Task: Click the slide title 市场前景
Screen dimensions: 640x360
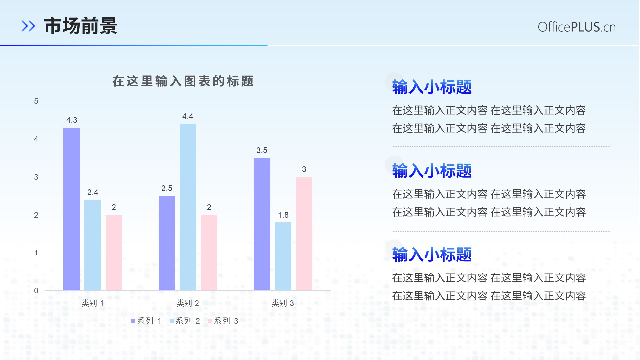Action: tap(80, 26)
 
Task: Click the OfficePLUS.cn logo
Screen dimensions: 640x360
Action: tap(577, 27)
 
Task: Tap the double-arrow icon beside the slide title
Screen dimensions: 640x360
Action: tap(28, 26)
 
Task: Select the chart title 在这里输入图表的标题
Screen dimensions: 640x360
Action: tap(183, 81)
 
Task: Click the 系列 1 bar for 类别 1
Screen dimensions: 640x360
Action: tap(72, 209)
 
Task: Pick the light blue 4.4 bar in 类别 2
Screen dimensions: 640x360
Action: tap(188, 207)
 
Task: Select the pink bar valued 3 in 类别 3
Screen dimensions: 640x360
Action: tap(304, 234)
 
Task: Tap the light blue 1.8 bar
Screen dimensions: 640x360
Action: tap(283, 256)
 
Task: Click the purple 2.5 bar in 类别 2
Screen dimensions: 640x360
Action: tap(167, 243)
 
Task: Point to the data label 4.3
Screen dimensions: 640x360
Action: tap(72, 120)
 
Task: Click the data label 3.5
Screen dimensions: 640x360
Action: tap(262, 150)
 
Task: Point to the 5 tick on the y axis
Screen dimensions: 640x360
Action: tap(36, 101)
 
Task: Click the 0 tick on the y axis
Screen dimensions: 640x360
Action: tap(36, 291)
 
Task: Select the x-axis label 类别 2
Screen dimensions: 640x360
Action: tap(188, 303)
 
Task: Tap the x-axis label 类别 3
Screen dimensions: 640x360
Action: tap(283, 303)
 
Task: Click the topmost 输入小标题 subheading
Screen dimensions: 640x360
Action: tap(432, 87)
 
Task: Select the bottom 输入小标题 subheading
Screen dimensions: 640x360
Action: tap(432, 254)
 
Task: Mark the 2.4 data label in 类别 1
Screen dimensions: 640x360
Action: tap(93, 192)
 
